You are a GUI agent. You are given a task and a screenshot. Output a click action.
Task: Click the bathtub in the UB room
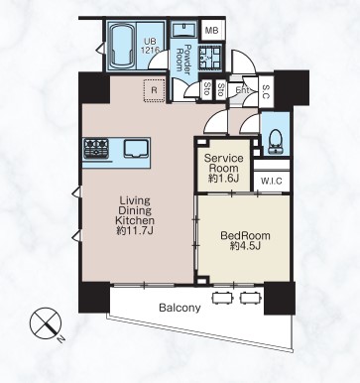[x=121, y=46]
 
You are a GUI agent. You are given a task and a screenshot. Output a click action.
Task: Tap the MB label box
[x=211, y=31]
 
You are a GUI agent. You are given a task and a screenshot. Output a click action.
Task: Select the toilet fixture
[x=275, y=142]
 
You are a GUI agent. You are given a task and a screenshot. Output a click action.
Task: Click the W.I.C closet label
[x=272, y=182]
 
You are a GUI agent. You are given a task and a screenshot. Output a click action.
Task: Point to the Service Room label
[x=223, y=163]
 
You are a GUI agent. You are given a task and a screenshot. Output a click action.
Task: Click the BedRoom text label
[x=245, y=235]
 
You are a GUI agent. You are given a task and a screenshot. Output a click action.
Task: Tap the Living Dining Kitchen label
[x=135, y=210]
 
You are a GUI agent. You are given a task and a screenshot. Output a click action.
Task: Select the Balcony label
[x=180, y=308]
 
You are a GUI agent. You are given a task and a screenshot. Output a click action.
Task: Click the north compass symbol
[x=47, y=323]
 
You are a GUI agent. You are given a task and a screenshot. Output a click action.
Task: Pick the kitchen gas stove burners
[x=96, y=148]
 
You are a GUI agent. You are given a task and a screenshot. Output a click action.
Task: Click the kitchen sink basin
[x=136, y=148]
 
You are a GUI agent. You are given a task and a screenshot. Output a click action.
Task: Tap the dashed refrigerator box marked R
[x=155, y=90]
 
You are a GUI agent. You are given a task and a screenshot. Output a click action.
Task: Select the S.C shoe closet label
[x=267, y=91]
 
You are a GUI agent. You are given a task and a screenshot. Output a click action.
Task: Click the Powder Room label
[x=184, y=58]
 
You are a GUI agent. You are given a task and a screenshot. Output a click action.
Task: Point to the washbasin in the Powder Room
[x=185, y=30]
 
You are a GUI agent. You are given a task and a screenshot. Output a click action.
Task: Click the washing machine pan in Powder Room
[x=209, y=57]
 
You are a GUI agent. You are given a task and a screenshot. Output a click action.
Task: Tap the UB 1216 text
[x=150, y=46]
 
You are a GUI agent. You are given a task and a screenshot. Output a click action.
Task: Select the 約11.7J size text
[x=135, y=230]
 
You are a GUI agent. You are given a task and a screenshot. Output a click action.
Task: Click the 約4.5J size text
[x=245, y=246]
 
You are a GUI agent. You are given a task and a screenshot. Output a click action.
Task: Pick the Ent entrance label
[x=243, y=90]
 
